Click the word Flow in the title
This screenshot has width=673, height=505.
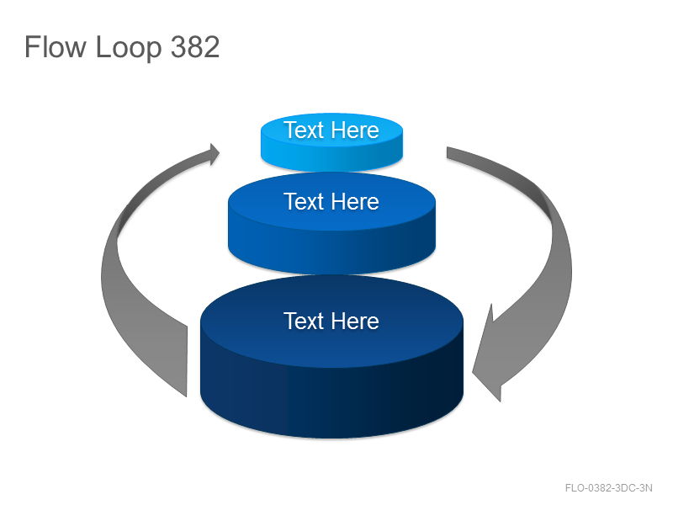pyautogui.click(x=55, y=46)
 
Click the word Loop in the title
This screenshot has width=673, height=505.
pyautogui.click(x=129, y=47)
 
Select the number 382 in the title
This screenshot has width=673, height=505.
pyautogui.click(x=195, y=46)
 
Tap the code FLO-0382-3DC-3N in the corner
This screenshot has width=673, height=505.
pyautogui.click(x=608, y=488)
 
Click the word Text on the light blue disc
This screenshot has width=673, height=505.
pyautogui.click(x=304, y=130)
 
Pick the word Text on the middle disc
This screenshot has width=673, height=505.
pyautogui.click(x=304, y=201)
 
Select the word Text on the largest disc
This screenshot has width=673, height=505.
pyautogui.click(x=304, y=321)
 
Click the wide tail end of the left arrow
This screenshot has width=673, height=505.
pyautogui.click(x=186, y=361)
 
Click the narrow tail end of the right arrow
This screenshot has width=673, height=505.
pyautogui.click(x=448, y=152)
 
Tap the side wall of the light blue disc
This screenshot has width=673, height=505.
pyautogui.click(x=331, y=158)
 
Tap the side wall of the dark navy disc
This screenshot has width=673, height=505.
pyautogui.click(x=331, y=399)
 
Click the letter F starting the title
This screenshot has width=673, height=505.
pyautogui.click(x=31, y=46)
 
